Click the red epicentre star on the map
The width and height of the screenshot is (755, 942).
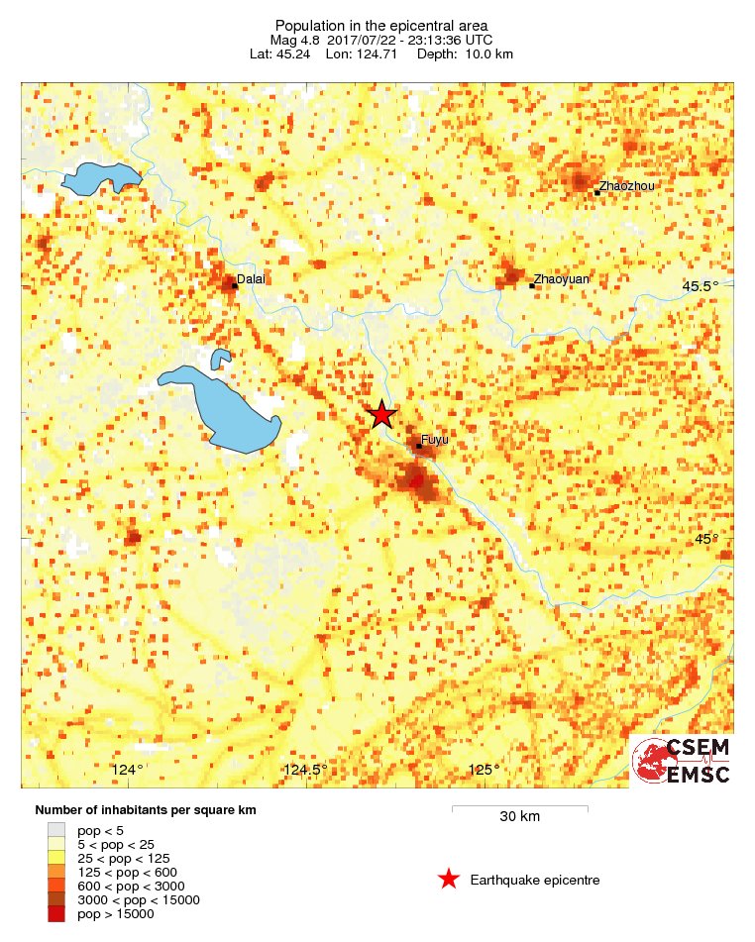click(x=382, y=415)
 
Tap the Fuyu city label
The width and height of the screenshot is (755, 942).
click(x=435, y=439)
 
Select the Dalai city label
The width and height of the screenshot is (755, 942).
click(x=252, y=280)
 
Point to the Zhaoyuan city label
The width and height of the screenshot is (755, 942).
click(x=562, y=279)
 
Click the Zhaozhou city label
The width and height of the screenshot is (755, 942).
click(x=626, y=186)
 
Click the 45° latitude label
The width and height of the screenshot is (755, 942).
click(x=705, y=539)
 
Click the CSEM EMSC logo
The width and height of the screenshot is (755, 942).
click(x=682, y=761)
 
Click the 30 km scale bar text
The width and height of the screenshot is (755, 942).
click(x=519, y=817)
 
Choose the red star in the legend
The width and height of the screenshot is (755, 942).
click(x=449, y=879)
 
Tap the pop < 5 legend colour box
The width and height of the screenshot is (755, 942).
click(x=56, y=830)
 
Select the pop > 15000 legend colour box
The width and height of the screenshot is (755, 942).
click(x=56, y=914)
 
